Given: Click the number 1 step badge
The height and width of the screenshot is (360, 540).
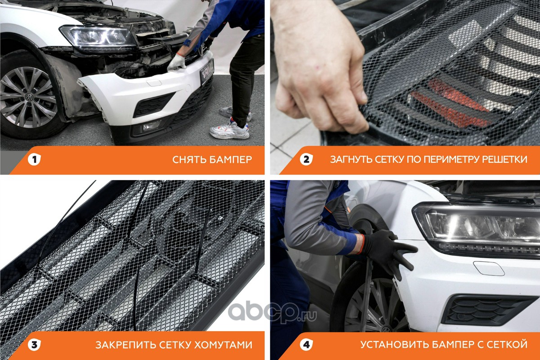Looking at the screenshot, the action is [x=34, y=159].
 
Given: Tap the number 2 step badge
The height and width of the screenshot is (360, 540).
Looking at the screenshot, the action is [x=306, y=159].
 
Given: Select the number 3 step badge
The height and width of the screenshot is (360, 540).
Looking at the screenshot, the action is [x=34, y=345].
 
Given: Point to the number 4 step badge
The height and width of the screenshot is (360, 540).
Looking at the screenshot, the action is [x=306, y=345].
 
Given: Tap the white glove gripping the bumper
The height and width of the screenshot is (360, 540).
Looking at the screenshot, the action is [x=177, y=62].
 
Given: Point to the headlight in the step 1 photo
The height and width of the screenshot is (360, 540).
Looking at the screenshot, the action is [x=98, y=37].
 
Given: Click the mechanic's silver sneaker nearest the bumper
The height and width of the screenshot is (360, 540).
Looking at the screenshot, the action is [x=229, y=130].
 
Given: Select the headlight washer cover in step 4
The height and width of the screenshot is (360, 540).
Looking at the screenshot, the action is [x=489, y=268].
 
